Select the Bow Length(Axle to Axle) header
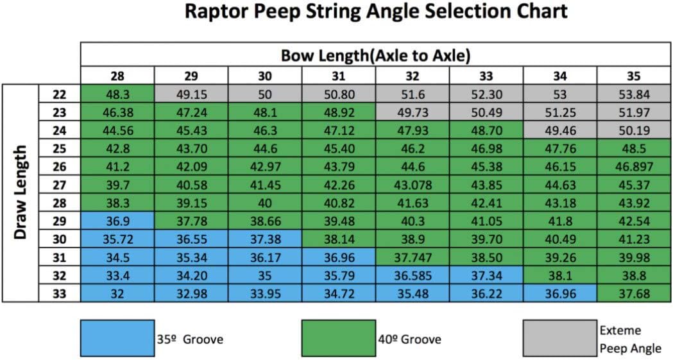pyautogui.click(x=375, y=56)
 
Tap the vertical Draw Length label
pyautogui.click(x=20, y=192)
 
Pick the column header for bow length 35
pyautogui.click(x=633, y=76)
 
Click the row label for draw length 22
pyautogui.click(x=59, y=94)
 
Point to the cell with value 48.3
pyautogui.click(x=117, y=94)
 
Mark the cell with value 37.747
pyautogui.click(x=413, y=257)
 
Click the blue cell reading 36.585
pyautogui.click(x=413, y=275)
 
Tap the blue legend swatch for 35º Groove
pyautogui.click(x=117, y=338)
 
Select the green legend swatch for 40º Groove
pyautogui.click(x=338, y=338)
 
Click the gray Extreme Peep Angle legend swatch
pyautogui.click(x=558, y=338)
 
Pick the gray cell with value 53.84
pyautogui.click(x=633, y=94)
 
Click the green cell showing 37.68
pyautogui.click(x=633, y=294)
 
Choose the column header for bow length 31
pyautogui.click(x=339, y=76)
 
